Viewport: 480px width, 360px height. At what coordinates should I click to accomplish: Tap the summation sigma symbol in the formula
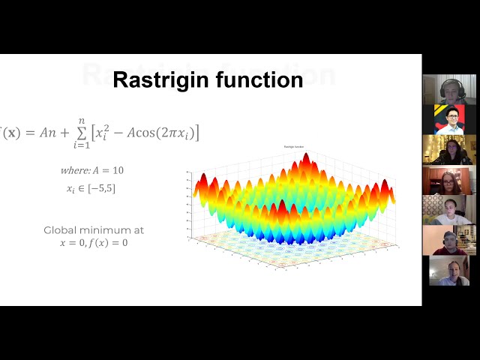[94, 133]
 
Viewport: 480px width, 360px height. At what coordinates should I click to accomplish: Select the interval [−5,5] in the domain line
[101, 189]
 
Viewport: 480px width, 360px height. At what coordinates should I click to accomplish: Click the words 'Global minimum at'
[94, 230]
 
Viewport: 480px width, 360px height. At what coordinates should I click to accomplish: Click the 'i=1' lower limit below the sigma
[94, 145]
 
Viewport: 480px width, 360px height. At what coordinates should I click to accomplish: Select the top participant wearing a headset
[448, 89]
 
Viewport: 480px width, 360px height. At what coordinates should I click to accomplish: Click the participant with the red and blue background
[448, 119]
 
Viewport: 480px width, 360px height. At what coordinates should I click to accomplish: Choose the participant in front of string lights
[448, 150]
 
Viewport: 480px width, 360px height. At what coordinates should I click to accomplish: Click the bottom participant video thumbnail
[448, 271]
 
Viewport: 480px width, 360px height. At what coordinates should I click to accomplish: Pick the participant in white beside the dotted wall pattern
[448, 211]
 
